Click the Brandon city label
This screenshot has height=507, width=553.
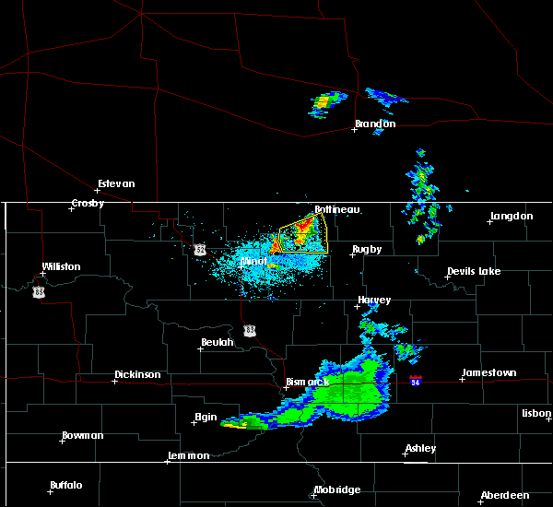(375, 124)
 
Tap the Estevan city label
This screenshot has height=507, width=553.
(116, 183)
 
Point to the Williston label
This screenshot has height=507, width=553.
(61, 267)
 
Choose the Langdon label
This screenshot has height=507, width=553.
(512, 216)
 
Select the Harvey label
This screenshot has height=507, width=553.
(374, 300)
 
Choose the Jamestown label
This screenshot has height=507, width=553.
(488, 372)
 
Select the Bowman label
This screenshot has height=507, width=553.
(82, 435)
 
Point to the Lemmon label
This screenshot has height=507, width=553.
(190, 455)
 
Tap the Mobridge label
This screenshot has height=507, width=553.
(336, 489)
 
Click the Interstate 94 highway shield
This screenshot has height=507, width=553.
(417, 379)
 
